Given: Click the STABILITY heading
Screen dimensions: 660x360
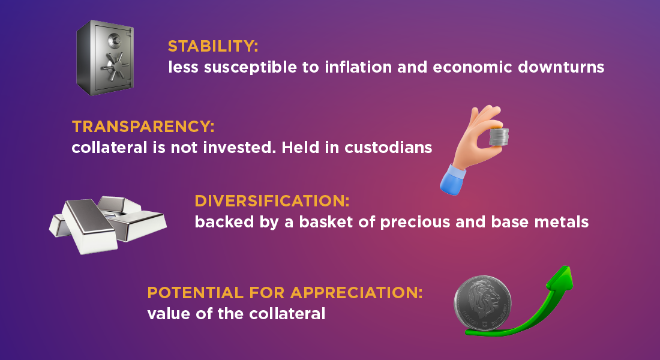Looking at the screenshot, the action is [213, 46].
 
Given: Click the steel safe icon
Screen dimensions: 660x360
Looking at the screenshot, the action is [105, 58].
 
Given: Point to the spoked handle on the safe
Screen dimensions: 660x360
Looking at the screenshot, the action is [113, 67].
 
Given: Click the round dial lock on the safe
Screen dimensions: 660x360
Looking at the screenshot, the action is [115, 40].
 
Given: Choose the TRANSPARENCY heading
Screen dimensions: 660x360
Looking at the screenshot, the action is [143, 127].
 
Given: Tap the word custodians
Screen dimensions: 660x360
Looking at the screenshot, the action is [388, 148].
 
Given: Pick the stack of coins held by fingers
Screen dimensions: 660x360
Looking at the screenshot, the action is [499, 137].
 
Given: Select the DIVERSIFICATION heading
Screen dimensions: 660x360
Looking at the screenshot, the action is [272, 201].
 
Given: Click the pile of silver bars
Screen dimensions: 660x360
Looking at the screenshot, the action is [108, 225].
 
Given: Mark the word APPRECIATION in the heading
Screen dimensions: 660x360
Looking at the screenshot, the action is [356, 293].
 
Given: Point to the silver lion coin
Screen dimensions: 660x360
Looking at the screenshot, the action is [483, 304].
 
